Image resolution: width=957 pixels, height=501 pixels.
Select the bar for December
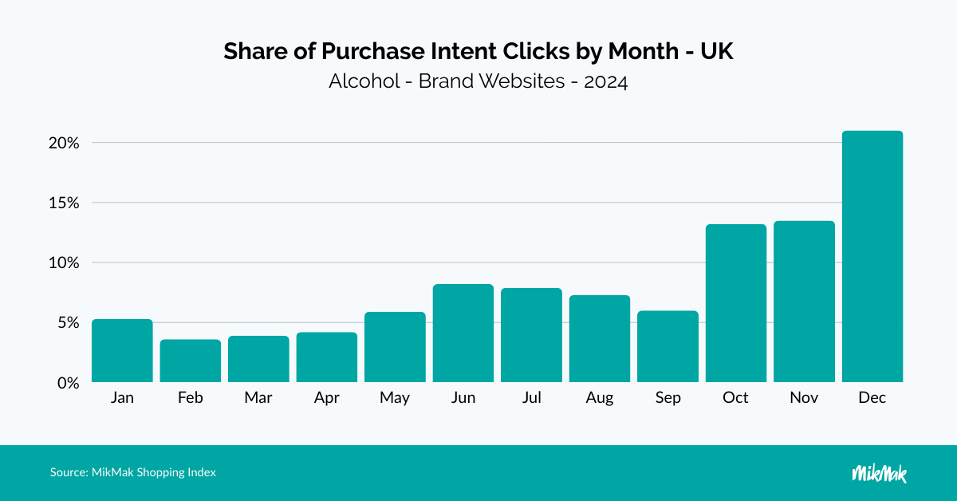pyautogui.click(x=872, y=256)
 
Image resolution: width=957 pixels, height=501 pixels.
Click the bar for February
pyautogui.click(x=191, y=361)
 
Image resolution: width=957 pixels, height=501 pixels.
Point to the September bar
pyautogui.click(x=668, y=346)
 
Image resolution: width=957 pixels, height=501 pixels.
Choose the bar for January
pyautogui.click(x=122, y=350)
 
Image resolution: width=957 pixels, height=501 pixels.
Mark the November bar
pyautogui.click(x=804, y=302)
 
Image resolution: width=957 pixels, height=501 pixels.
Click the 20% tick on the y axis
pyautogui.click(x=62, y=144)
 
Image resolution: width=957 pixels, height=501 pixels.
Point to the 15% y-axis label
pyautogui.click(x=62, y=203)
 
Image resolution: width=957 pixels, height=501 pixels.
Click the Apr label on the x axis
pyautogui.click(x=326, y=398)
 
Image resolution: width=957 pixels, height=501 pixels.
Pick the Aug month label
pyautogui.click(x=600, y=398)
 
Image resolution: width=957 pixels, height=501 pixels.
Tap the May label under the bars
pyautogui.click(x=395, y=398)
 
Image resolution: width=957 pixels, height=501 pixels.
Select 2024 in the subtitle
pyautogui.click(x=605, y=81)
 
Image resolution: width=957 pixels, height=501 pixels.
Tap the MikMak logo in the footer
pyautogui.click(x=879, y=473)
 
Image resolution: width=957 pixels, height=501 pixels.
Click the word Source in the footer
pyautogui.click(x=67, y=472)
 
